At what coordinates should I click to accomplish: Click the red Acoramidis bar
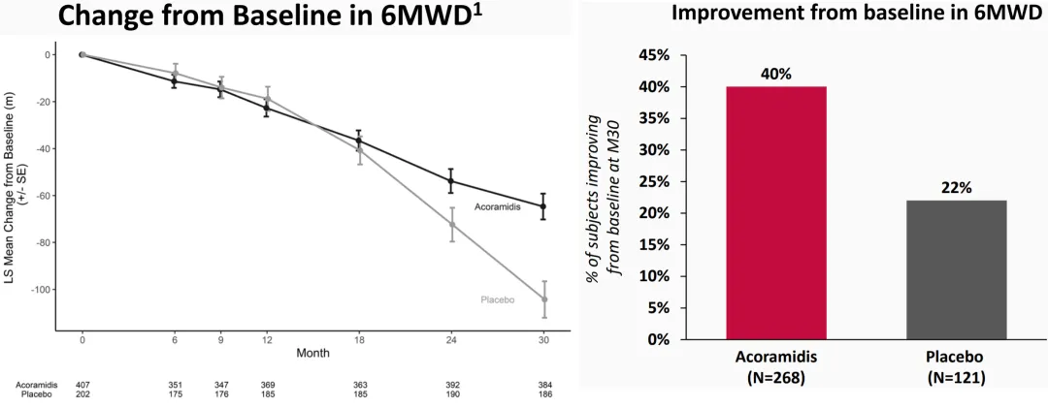(x=776, y=213)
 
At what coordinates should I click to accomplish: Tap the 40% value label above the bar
(x=776, y=74)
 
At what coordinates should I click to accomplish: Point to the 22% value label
(x=956, y=188)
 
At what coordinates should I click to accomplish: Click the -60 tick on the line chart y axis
(x=43, y=196)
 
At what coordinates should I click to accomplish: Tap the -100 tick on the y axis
(x=40, y=290)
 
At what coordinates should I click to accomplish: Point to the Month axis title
(x=312, y=353)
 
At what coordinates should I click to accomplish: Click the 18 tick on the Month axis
(x=359, y=340)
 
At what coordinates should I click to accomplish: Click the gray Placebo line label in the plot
(x=497, y=300)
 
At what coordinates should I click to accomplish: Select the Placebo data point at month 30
(x=543, y=299)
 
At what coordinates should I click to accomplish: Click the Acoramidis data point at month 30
(x=543, y=206)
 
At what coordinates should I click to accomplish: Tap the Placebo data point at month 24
(x=451, y=224)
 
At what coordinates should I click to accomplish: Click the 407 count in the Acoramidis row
(x=82, y=385)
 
